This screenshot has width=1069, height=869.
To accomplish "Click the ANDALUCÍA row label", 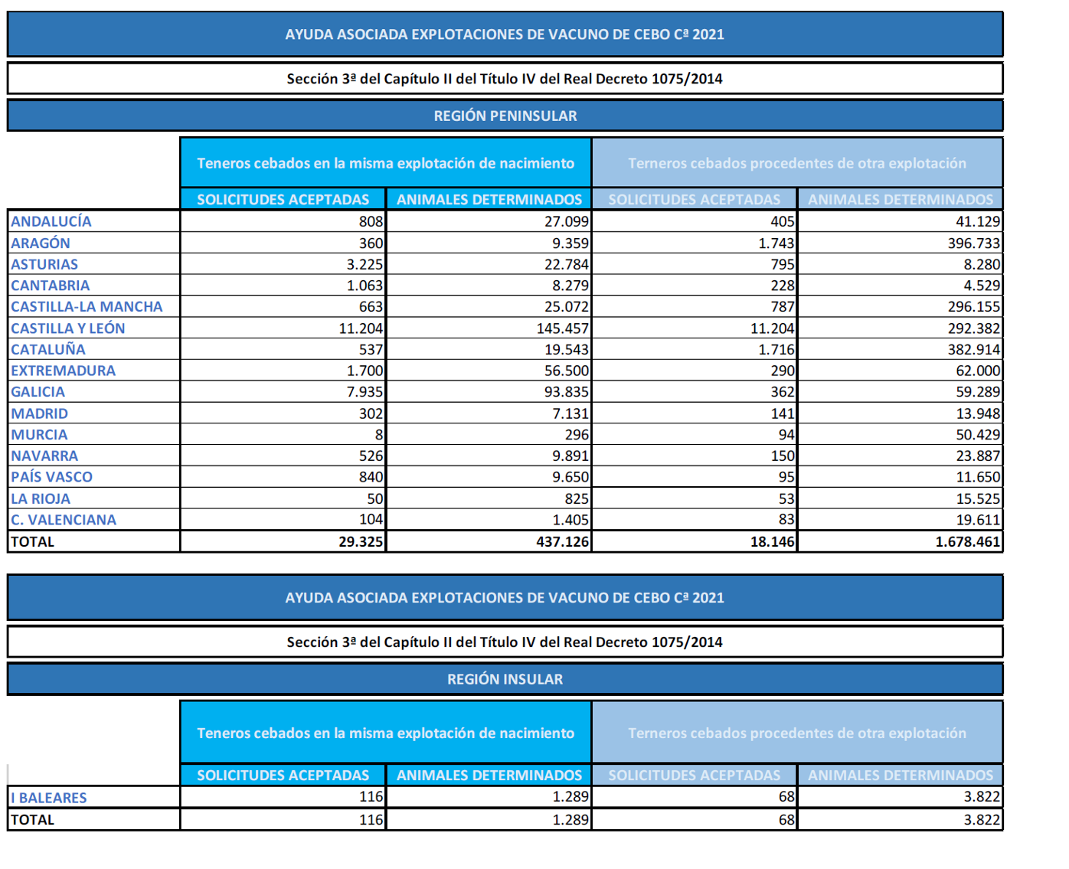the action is [x=51, y=221].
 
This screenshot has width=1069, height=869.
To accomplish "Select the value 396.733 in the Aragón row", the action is [x=973, y=243].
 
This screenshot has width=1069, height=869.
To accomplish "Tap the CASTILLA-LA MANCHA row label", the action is [x=87, y=306].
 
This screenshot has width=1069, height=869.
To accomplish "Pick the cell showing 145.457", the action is [x=562, y=328].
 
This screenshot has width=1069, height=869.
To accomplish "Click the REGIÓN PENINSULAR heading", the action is [x=505, y=116].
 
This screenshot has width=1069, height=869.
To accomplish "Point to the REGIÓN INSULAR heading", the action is [x=505, y=679].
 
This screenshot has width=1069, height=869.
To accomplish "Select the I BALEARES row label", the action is [x=49, y=797].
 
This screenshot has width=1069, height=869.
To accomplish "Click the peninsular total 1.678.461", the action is [x=968, y=541].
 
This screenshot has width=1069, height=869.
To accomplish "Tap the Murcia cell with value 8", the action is [x=379, y=435].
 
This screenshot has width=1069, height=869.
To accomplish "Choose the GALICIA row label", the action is [x=38, y=391].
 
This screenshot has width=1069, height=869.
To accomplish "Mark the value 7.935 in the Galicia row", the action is [x=365, y=391].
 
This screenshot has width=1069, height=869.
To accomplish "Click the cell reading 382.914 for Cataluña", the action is [x=973, y=349].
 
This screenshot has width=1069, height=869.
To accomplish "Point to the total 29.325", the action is [x=361, y=541].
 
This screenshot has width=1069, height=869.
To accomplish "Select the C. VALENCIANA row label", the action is [x=64, y=519].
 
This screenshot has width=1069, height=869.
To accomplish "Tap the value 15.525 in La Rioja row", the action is [x=978, y=498].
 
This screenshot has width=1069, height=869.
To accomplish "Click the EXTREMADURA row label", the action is [x=63, y=371].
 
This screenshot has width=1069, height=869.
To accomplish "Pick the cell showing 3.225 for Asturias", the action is [x=365, y=264].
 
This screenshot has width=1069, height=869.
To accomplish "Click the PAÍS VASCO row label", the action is [x=52, y=477].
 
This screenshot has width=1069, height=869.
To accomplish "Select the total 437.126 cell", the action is [x=562, y=541].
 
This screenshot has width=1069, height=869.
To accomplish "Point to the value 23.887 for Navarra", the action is [x=978, y=456].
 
